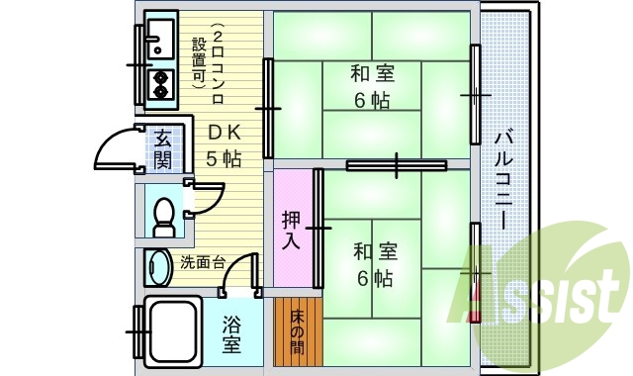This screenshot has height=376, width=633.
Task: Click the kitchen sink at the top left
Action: [158, 38]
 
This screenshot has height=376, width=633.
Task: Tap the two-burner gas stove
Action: [158, 85]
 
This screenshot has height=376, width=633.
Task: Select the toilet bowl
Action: [164, 215]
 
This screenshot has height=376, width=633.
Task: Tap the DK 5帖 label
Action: [224, 144]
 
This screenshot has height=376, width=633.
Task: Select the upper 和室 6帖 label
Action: [372, 87]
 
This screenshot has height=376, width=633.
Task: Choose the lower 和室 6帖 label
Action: [375, 265]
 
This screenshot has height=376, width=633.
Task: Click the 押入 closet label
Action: [292, 230]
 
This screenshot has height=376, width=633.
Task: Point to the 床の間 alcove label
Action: [298, 332]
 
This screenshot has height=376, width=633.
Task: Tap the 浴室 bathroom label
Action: [231, 334]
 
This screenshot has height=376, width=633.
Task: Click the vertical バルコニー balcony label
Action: [502, 178]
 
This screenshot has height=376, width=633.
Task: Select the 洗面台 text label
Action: [203, 263]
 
